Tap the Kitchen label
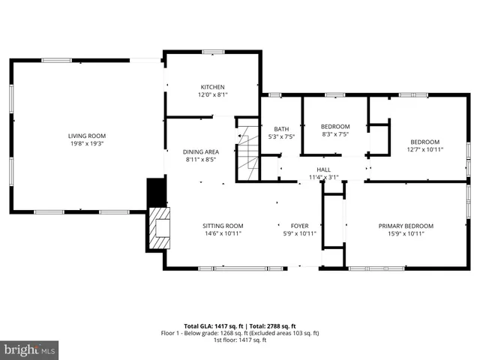pos(212,87)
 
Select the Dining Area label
pos(200,151)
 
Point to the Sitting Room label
pos(223,226)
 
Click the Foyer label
pos(299,226)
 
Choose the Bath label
pos(281,129)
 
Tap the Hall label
pos(323,170)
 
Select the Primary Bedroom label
pos(406,226)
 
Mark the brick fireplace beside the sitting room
pos(160,228)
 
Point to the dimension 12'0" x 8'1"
pos(212,95)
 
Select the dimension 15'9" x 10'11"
pos(406,233)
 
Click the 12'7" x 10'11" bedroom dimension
pos(424,149)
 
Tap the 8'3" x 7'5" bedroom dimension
pos(335,134)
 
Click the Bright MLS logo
pos(30,349)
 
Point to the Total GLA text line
pos(241,326)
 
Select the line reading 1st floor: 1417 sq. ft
pos(241,340)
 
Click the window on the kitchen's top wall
pos(213,52)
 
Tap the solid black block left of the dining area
pos(156,191)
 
